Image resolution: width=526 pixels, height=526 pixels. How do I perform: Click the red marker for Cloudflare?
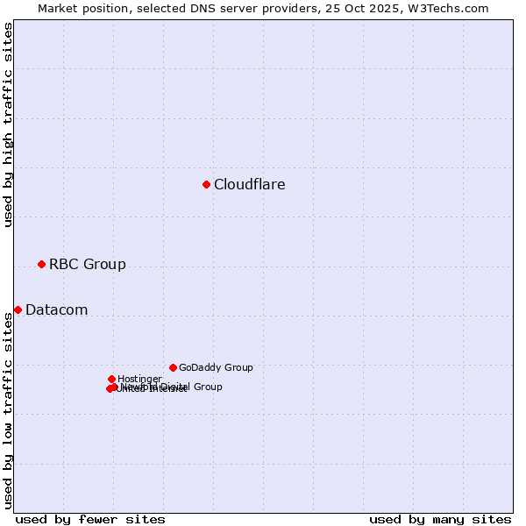(206, 184)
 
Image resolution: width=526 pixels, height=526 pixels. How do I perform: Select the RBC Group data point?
(41, 264)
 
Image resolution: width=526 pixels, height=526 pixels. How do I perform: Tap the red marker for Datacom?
(18, 309)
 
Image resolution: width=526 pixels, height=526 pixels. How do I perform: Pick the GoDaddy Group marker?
(173, 367)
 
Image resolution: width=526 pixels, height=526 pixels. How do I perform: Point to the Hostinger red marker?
(111, 379)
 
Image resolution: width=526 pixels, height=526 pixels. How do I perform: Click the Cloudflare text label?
(250, 184)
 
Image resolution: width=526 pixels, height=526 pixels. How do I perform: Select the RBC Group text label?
(88, 264)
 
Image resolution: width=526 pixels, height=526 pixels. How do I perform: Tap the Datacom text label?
(57, 309)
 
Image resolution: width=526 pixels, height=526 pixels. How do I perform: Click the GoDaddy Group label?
(216, 367)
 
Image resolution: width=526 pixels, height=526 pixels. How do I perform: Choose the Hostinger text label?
(139, 379)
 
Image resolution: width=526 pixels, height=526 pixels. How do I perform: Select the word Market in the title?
(58, 8)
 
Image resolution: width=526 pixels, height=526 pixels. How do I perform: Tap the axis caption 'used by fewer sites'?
(90, 519)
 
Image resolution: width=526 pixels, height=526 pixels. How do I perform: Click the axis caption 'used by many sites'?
(440, 519)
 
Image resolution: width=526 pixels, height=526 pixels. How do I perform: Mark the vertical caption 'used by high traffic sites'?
(8, 124)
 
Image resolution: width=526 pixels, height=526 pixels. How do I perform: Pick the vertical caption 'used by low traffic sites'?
(8, 410)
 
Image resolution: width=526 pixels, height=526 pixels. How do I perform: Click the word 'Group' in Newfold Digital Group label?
(207, 387)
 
